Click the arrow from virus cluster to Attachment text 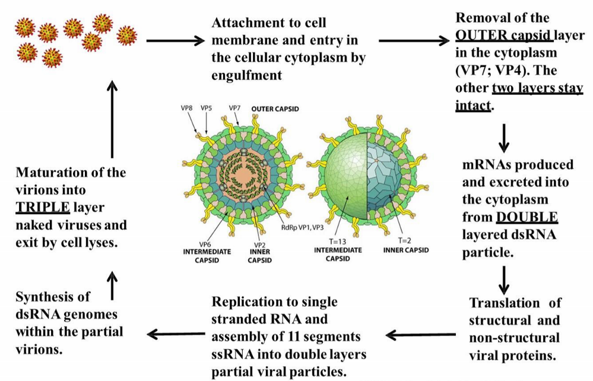(176, 42)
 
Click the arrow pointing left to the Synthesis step (175, 334)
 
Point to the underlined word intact (472, 106)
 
